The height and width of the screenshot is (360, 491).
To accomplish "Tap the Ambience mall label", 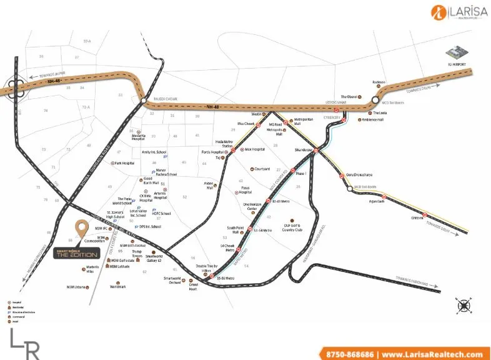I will point(374,120).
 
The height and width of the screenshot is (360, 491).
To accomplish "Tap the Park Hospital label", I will point(123,163).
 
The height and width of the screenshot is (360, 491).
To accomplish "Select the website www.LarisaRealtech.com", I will point(431,354).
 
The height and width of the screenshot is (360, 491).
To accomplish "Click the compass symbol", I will point(465,306).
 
